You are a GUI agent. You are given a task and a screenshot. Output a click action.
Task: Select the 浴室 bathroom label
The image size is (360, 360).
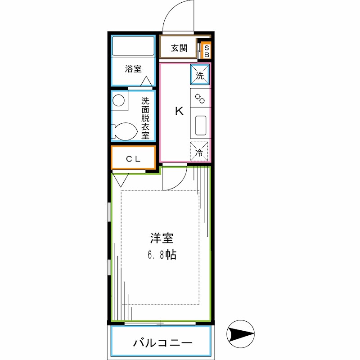133,69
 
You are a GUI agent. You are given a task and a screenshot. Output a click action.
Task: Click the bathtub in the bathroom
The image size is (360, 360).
133,47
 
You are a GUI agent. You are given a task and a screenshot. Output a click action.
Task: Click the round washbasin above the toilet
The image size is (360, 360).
119,100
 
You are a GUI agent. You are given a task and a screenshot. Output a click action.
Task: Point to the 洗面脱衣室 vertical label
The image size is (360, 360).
145,118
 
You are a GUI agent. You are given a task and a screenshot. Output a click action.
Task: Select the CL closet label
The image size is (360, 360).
133,158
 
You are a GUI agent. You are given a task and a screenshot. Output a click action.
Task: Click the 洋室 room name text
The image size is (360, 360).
162,238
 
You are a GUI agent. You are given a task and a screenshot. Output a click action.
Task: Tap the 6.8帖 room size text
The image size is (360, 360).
162,255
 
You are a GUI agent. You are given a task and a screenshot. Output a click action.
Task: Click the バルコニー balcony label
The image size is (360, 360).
162,343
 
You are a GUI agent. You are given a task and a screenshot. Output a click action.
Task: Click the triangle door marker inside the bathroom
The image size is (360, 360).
145,81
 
